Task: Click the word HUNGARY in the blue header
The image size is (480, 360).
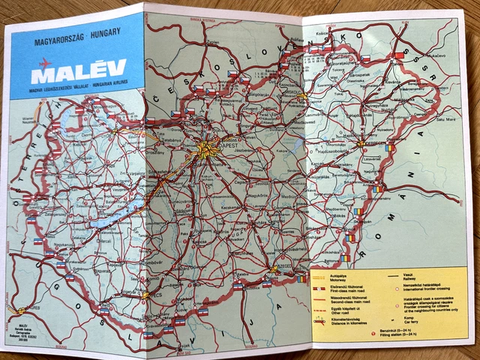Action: click(x=109, y=34)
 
